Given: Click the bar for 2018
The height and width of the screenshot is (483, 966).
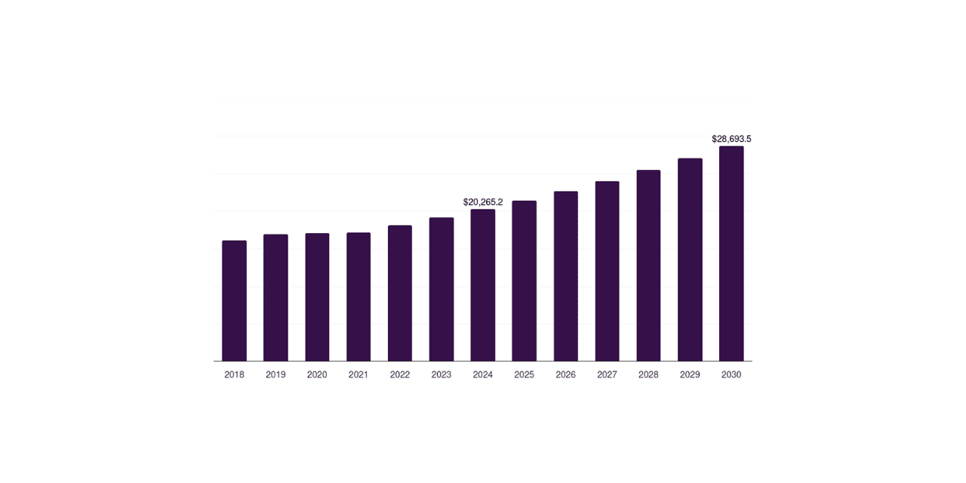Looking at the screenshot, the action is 234,300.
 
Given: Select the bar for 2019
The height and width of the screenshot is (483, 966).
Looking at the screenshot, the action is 275,297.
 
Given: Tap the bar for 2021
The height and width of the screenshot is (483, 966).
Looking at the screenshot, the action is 358,297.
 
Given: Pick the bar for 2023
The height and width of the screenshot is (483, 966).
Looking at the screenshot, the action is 441,289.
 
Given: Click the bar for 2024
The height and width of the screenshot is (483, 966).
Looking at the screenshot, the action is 482,285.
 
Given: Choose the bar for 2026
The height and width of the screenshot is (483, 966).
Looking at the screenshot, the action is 566,276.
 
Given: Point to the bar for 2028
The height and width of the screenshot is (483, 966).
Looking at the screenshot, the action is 648,265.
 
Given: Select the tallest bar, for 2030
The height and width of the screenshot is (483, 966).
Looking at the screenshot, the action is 731,254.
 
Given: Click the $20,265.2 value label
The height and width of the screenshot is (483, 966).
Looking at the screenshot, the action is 483,202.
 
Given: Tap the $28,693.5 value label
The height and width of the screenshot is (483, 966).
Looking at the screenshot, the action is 731,139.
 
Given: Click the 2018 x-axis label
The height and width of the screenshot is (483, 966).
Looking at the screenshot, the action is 234,375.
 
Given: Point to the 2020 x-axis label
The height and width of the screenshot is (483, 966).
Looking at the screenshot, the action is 317,375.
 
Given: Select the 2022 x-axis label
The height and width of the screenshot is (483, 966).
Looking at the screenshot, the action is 400,375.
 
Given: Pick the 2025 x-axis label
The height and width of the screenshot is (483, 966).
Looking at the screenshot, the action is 524,375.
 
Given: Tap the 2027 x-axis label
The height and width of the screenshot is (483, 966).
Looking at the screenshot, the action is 607,375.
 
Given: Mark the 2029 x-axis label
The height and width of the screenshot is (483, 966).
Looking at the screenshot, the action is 690,375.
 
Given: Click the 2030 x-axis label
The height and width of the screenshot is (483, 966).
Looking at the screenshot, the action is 731,375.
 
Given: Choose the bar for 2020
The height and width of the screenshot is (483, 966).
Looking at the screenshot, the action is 317,297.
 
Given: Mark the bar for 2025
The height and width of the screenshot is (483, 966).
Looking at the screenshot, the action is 525,281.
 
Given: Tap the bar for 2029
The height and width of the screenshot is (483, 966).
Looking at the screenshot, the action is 690,260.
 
